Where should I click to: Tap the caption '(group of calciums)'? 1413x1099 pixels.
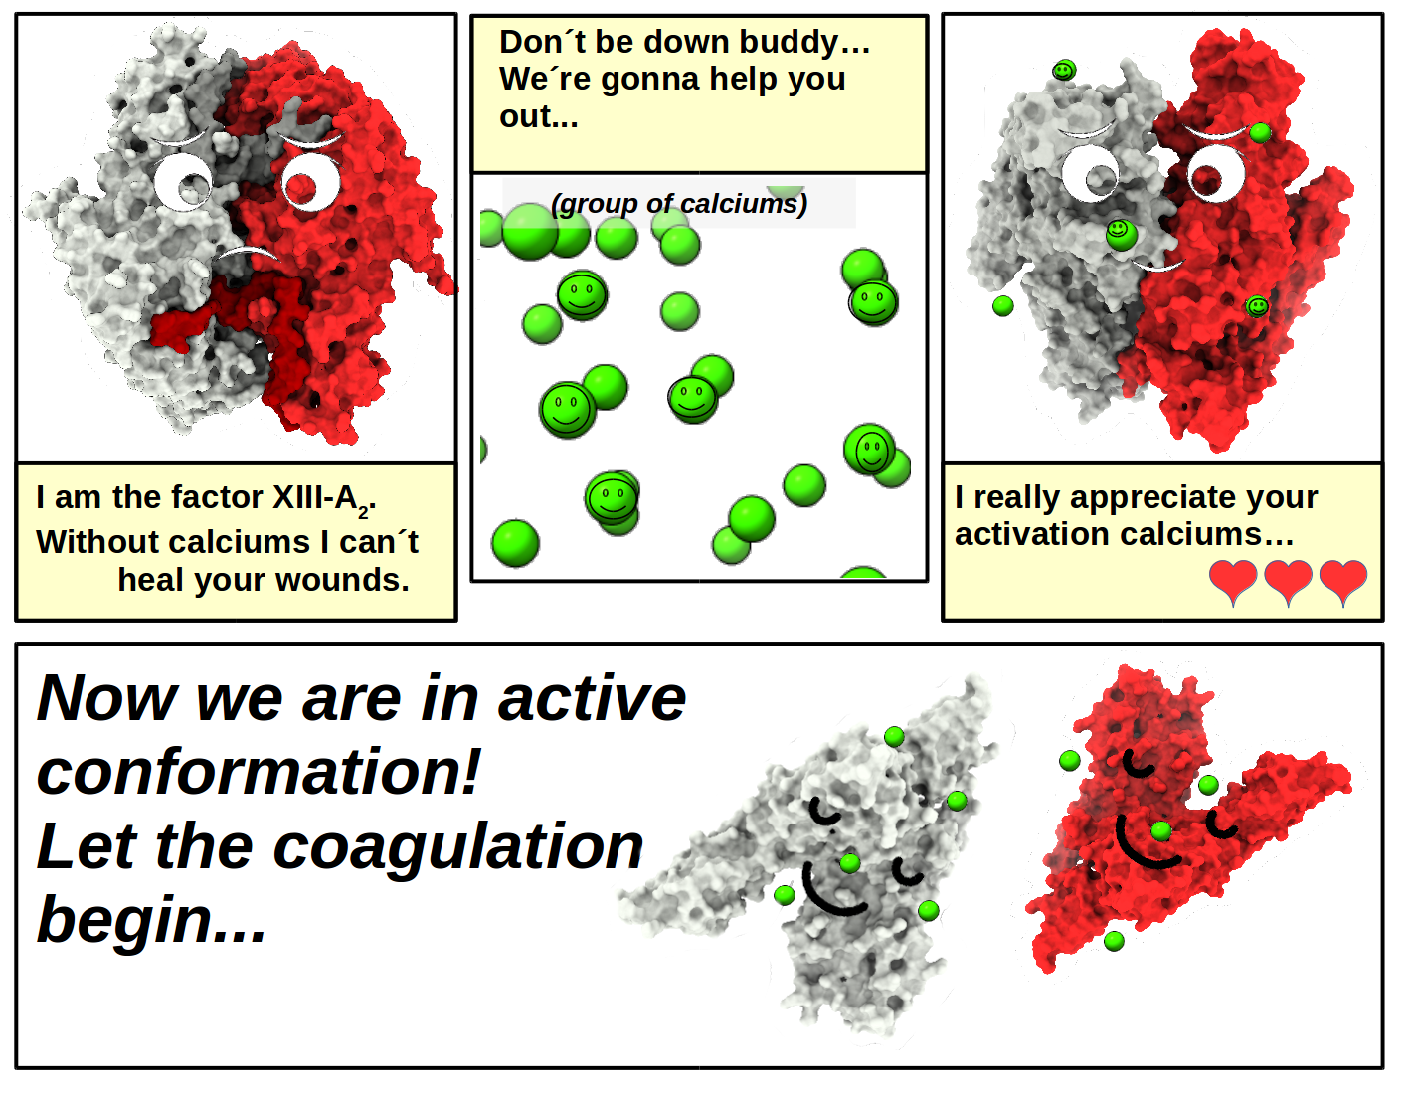(x=679, y=204)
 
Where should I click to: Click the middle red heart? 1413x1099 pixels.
(x=1288, y=582)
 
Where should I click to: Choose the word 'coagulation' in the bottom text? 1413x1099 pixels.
(x=457, y=846)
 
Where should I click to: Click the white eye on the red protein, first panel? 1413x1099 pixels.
(x=311, y=182)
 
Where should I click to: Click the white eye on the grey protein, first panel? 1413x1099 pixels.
(x=183, y=182)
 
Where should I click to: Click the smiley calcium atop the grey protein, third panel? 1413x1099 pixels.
(x=1064, y=70)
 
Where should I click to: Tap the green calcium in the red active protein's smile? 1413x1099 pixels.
(x=1161, y=830)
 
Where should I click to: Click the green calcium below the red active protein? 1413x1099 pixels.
(x=1114, y=941)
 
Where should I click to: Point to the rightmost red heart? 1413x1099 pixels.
(x=1343, y=582)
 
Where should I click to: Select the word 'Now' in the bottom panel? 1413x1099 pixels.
(x=107, y=698)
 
